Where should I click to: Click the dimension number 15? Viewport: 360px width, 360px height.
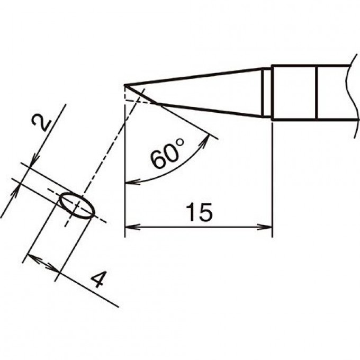pos(199,212)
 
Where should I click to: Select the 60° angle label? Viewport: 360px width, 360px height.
pos(167,153)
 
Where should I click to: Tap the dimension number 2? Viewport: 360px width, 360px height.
pos(41,123)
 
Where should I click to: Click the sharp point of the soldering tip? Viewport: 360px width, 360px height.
pos(124,86)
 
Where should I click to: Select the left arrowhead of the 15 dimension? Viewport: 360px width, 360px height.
pos(132,227)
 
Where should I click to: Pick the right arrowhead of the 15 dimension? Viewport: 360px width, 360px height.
pos(265,227)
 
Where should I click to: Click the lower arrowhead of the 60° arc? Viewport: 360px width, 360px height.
pos(132,182)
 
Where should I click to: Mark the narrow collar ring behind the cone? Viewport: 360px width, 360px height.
pos(266,92)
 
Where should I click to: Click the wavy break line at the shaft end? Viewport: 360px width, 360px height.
pos(352,96)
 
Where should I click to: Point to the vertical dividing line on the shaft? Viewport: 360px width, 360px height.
pos(317,93)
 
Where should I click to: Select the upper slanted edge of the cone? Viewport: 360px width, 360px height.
pos(193,77)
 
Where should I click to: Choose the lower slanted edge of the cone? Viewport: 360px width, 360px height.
pos(209,110)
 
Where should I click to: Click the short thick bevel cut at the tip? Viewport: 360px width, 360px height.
pos(140,95)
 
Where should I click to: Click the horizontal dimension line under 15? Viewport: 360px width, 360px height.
pos(199,227)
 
